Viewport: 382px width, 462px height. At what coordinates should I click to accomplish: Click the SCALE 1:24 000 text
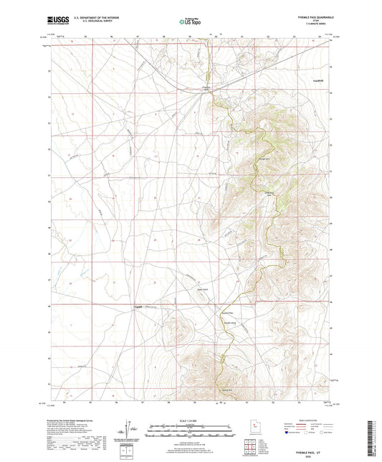pos(191,420)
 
